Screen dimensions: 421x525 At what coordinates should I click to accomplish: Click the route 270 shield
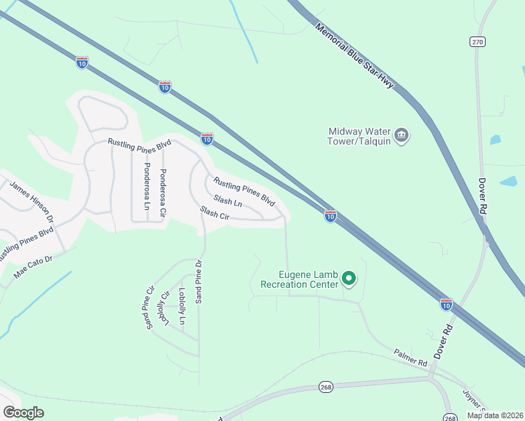pyautogui.click(x=478, y=42)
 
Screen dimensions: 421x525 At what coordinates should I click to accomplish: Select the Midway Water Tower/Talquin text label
pyautogui.click(x=359, y=136)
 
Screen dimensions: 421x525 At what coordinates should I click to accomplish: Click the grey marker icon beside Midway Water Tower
pyautogui.click(x=401, y=135)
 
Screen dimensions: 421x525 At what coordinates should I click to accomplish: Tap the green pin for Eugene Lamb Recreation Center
pyautogui.click(x=349, y=280)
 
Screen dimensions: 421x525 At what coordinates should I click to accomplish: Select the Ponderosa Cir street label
pyautogui.click(x=163, y=189)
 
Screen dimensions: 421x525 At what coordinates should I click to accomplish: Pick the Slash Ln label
pyautogui.click(x=228, y=201)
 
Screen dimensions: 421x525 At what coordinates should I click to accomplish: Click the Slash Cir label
pyautogui.click(x=215, y=213)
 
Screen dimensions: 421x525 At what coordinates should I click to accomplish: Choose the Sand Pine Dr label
pyautogui.click(x=199, y=281)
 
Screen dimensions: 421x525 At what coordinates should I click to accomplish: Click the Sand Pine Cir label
pyautogui.click(x=149, y=307)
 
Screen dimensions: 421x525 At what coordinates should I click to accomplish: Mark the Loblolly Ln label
pyautogui.click(x=182, y=306)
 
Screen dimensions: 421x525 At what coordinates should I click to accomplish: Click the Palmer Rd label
pyautogui.click(x=411, y=359)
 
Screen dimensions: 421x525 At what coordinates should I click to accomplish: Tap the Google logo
pyautogui.click(x=23, y=413)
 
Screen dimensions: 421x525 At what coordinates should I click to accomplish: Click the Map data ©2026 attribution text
pyautogui.click(x=494, y=415)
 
